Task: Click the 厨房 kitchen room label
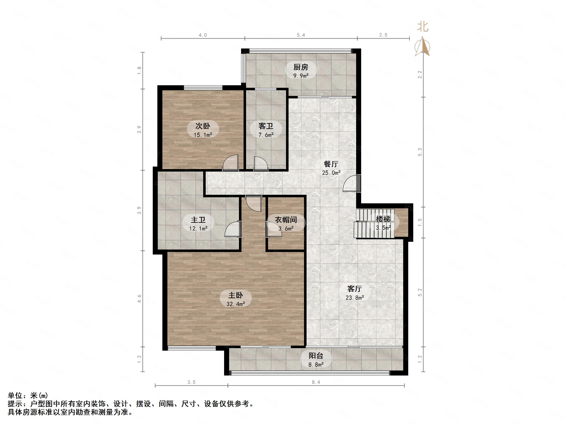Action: (301, 67)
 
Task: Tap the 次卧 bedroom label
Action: (203, 126)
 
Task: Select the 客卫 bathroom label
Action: (266, 126)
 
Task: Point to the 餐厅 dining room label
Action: (331, 164)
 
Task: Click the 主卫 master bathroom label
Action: (198, 220)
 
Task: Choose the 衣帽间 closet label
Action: (286, 220)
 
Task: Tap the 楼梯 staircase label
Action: (383, 219)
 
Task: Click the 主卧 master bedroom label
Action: (235, 295)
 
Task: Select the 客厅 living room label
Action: (354, 289)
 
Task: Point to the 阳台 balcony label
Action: (316, 355)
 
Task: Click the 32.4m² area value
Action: (235, 304)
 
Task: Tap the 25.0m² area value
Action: (331, 173)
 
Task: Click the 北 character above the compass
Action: (423, 27)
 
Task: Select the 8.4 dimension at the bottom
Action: (316, 382)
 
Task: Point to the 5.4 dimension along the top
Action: (301, 35)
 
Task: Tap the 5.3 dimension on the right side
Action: (420, 152)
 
